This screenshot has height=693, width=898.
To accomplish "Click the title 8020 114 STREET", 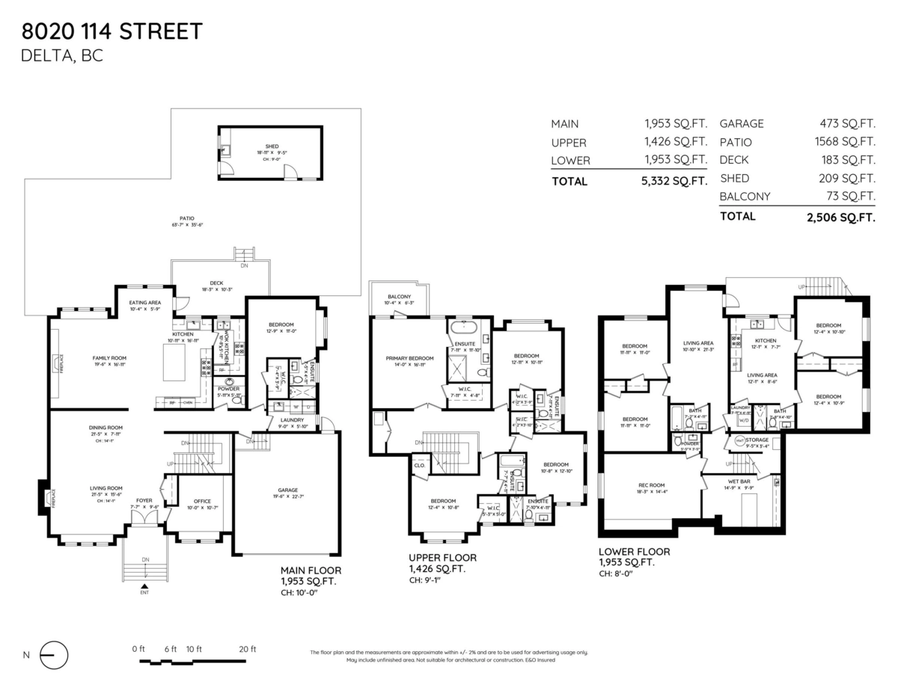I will [x=112, y=31].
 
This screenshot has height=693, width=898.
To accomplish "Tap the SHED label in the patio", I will [x=271, y=147].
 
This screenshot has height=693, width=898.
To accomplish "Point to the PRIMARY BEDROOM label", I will [x=406, y=359].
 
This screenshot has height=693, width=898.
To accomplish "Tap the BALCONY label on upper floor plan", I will [x=399, y=297].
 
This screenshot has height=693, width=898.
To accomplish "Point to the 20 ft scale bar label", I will [x=248, y=648].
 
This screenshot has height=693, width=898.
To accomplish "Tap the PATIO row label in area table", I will [x=736, y=142].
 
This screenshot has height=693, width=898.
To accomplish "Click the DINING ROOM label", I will [x=106, y=428].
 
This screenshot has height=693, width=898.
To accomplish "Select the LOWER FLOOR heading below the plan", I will [x=634, y=552].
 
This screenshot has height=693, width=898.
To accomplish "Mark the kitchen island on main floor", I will [x=174, y=362].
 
